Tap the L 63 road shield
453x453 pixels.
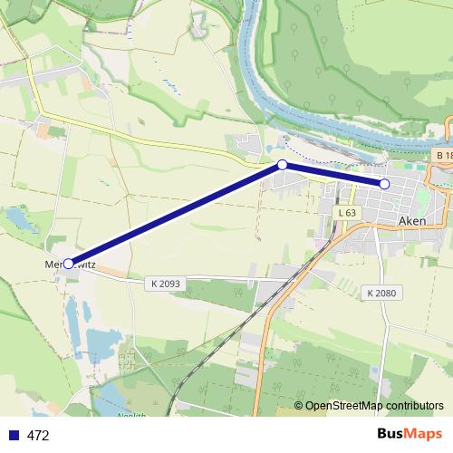(346, 213)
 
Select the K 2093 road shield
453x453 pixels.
(167, 284)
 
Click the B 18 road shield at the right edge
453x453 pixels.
(443, 156)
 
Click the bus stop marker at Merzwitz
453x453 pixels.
(69, 264)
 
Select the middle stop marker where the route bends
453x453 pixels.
(283, 165)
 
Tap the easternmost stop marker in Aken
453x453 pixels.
(384, 184)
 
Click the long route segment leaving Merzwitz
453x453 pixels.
(176, 214)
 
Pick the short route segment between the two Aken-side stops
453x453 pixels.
(333, 175)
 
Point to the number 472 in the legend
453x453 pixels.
(38, 435)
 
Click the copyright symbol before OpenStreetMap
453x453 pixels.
(298, 406)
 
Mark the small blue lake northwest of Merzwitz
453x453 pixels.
(16, 217)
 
